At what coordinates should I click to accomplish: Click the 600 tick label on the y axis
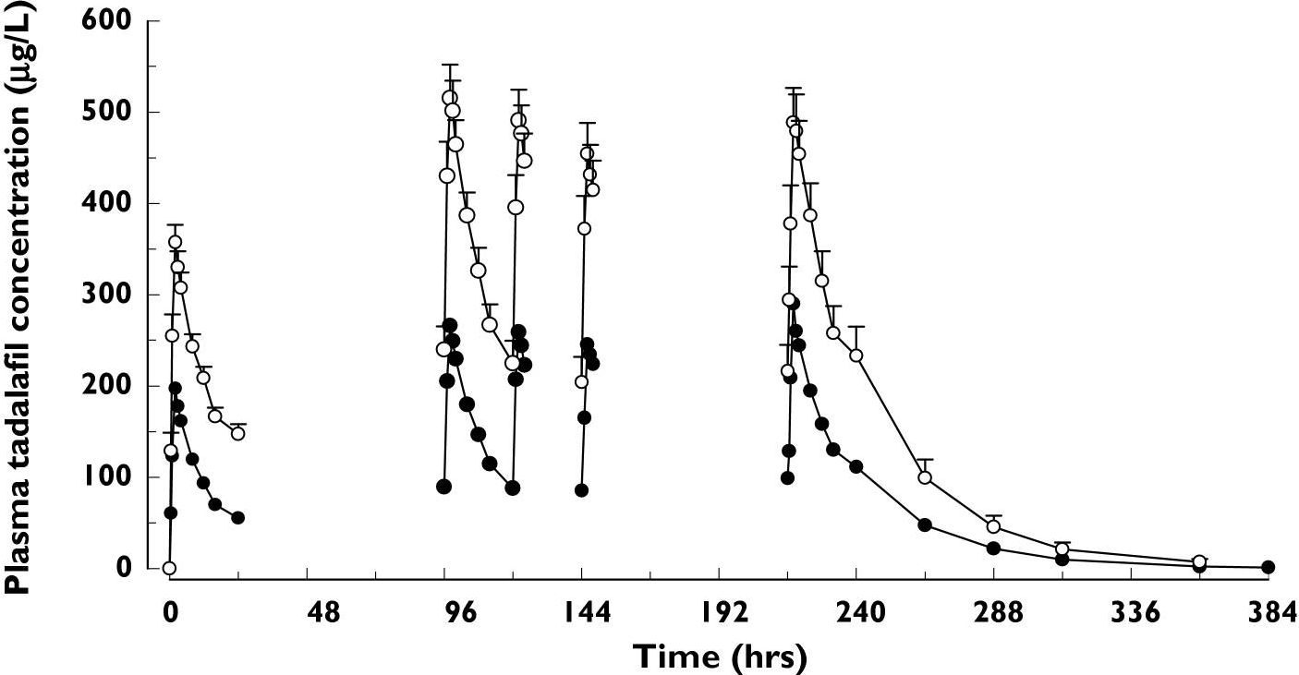(x=105, y=21)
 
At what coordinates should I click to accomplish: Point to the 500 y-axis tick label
(x=105, y=112)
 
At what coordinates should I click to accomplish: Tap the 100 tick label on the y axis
(x=105, y=477)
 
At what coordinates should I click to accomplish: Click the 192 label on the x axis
(x=719, y=611)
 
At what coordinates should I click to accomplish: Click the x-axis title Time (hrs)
(x=720, y=657)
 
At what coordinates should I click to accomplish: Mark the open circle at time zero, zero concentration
(x=169, y=568)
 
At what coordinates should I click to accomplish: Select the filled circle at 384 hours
(x=1268, y=567)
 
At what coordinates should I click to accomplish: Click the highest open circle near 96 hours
(x=450, y=98)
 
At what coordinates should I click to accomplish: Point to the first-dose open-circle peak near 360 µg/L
(x=175, y=243)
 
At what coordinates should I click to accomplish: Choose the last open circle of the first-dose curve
(x=237, y=434)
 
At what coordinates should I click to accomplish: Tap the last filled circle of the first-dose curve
(x=237, y=518)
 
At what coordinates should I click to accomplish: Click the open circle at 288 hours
(x=994, y=527)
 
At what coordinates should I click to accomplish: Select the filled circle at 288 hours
(x=994, y=548)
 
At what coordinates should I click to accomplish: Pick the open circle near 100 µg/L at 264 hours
(x=925, y=477)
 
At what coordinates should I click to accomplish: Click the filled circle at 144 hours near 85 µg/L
(x=581, y=490)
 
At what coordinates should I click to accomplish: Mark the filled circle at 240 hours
(x=856, y=466)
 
